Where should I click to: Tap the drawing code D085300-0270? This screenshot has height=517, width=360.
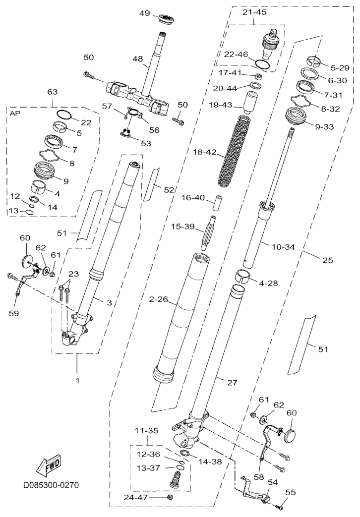[x=51, y=485]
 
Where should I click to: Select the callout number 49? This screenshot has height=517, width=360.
[x=144, y=13]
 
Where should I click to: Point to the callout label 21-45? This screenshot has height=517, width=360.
[x=254, y=12]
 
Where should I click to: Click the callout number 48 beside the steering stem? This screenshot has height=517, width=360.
[x=138, y=59]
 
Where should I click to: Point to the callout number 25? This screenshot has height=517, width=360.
[x=327, y=260]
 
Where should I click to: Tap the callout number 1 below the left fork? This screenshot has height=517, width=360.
[x=77, y=381]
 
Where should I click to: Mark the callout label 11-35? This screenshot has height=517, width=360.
[x=146, y=431]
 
